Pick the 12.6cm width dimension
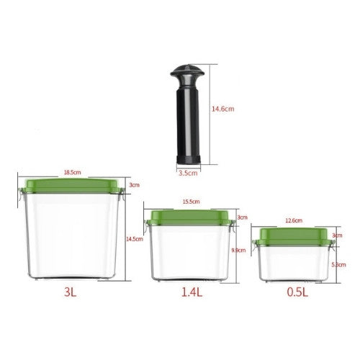[293, 221]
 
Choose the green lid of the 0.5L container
[292, 235]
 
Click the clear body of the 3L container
[71, 238]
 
